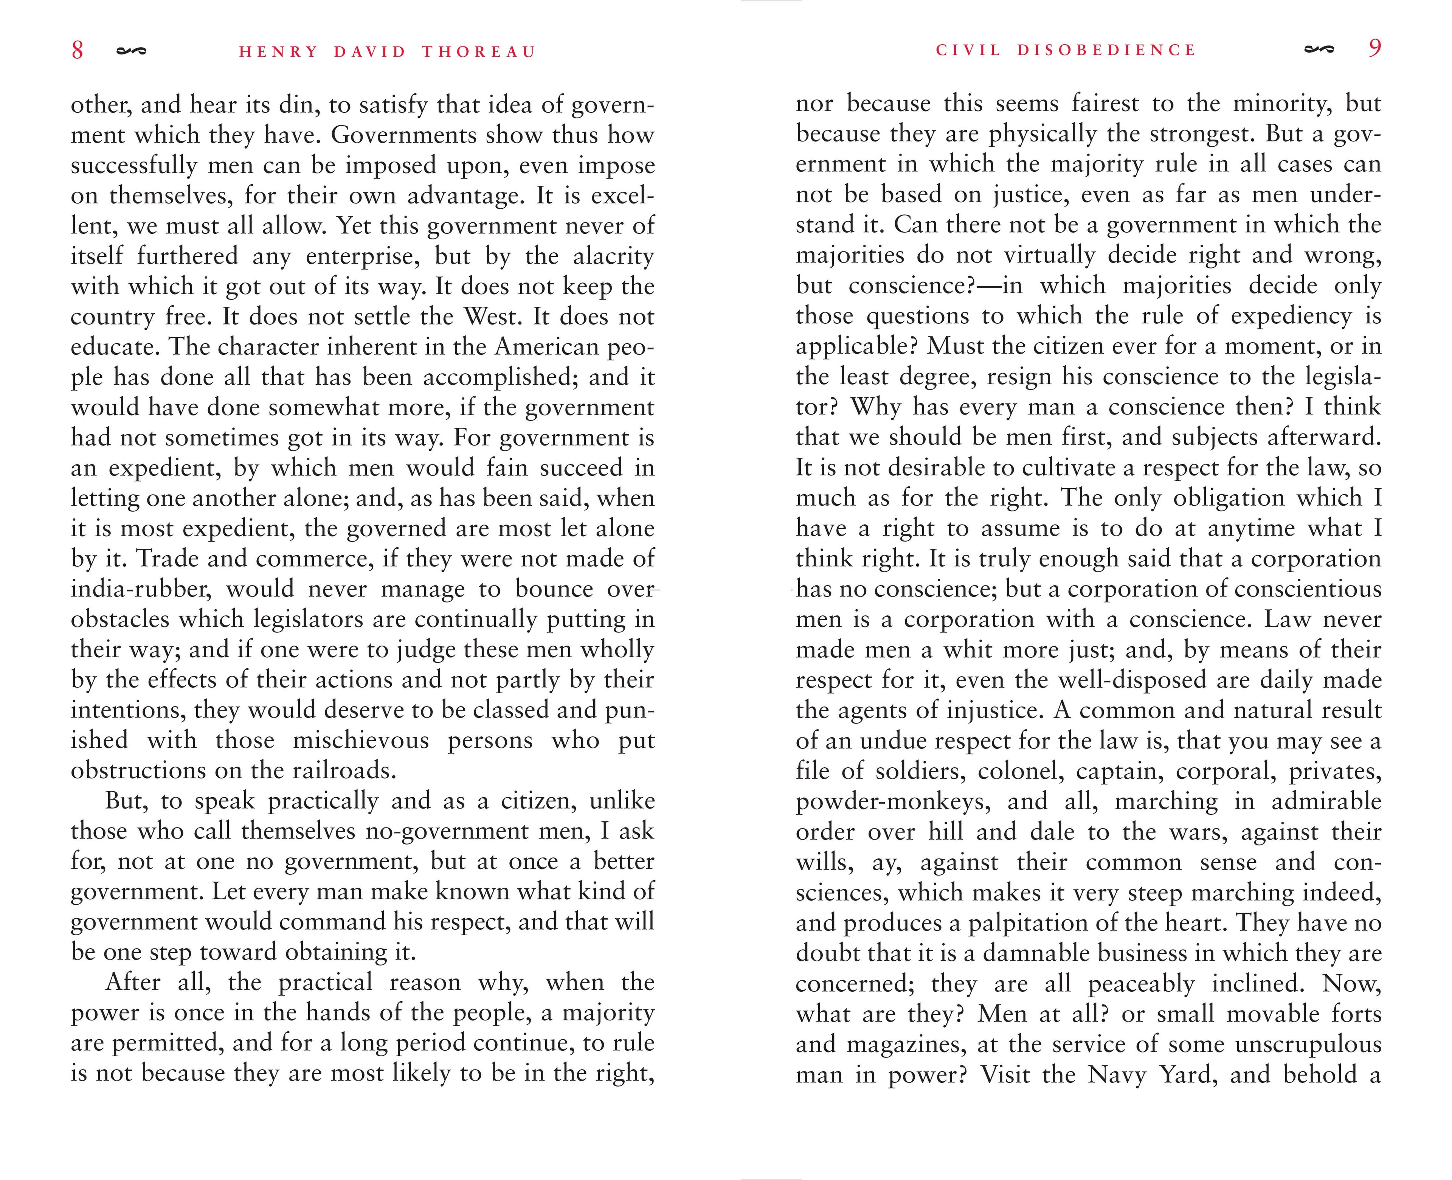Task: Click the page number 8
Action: pos(78,50)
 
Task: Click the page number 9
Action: pos(1374,48)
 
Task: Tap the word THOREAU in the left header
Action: pos(479,52)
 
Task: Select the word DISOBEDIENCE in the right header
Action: pos(1106,50)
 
